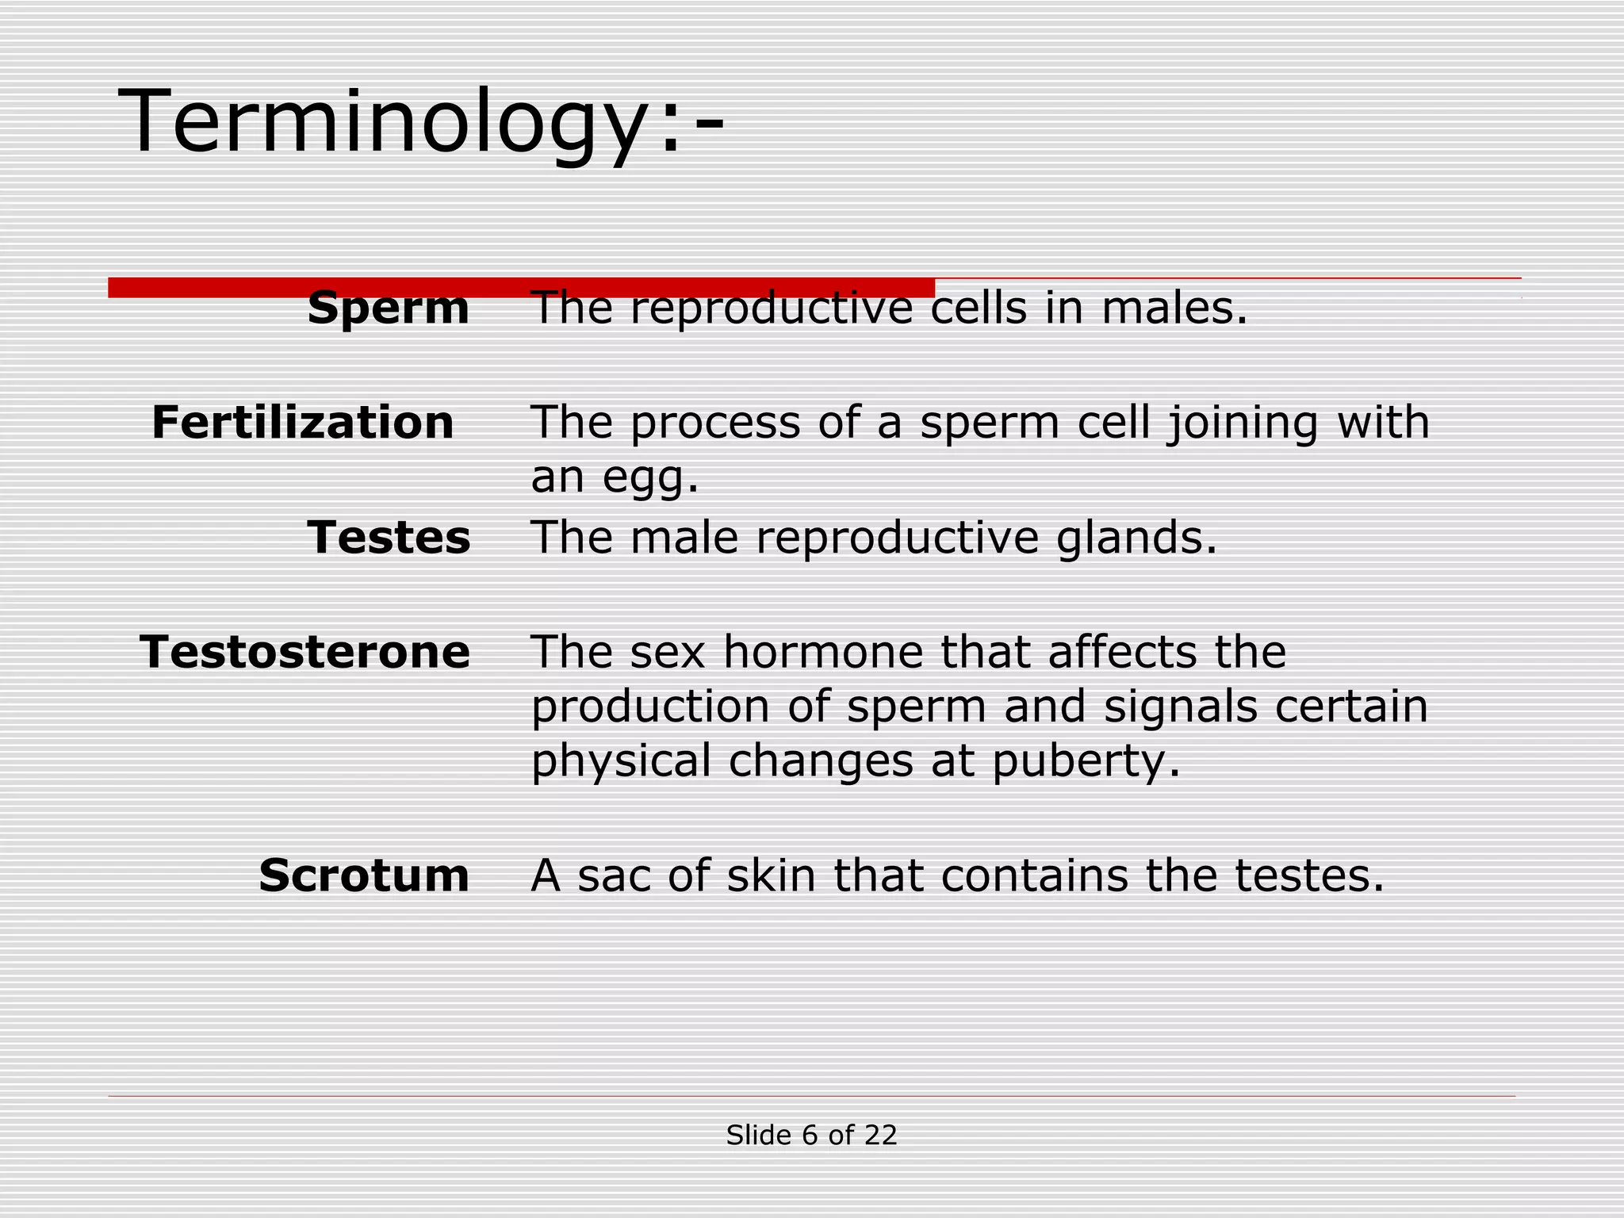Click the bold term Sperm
388,308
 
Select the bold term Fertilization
302,422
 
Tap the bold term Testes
389,538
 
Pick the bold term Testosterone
305,652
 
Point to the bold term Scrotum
364,875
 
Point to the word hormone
824,652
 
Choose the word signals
1180,706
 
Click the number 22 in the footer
880,1136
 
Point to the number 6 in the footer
810,1136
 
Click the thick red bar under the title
521,286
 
